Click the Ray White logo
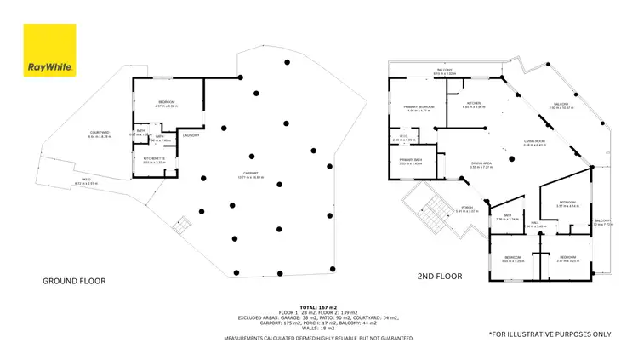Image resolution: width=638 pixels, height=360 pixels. click(x=50, y=50)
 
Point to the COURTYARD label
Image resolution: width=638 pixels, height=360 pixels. click(x=100, y=133)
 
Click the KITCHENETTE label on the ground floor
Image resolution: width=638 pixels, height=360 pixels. click(x=154, y=158)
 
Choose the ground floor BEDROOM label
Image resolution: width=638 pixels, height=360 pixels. click(x=166, y=103)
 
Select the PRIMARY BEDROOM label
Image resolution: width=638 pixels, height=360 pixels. click(x=419, y=107)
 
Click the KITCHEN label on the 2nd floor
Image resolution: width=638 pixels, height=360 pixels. click(x=473, y=103)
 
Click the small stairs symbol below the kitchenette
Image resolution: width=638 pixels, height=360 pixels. click(x=179, y=226)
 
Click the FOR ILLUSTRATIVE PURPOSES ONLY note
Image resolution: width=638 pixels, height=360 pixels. click(x=550, y=334)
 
